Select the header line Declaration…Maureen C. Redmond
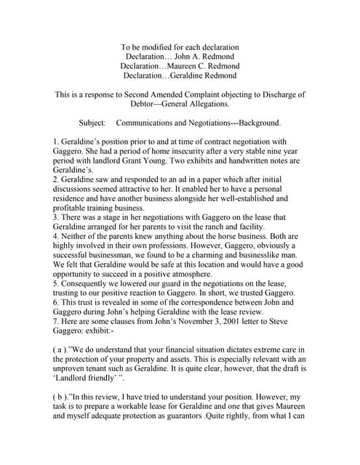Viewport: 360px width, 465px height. pyautogui.click(x=180, y=65)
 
